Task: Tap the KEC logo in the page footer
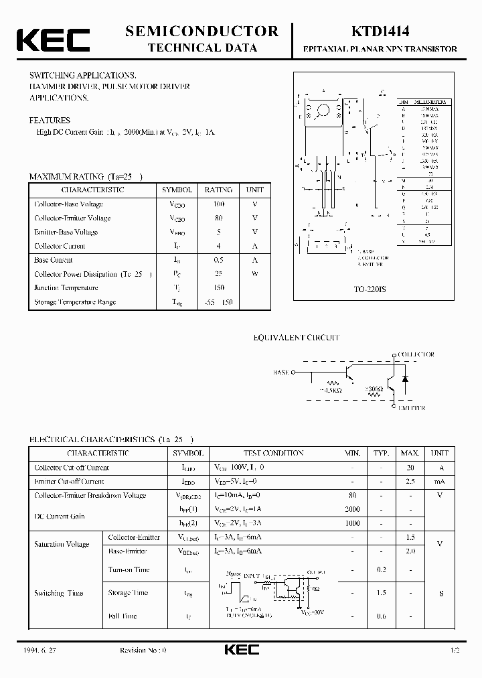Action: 241,650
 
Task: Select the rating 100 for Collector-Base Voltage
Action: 218,204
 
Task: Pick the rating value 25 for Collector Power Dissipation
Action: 218,274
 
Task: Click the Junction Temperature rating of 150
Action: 218,288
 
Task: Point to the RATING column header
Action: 218,190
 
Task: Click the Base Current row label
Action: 54,260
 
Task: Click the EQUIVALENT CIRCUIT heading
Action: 296,338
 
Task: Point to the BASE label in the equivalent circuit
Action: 281,372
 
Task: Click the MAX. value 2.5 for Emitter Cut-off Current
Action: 410,482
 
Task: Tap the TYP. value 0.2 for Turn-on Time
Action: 382,569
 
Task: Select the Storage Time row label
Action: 128,593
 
